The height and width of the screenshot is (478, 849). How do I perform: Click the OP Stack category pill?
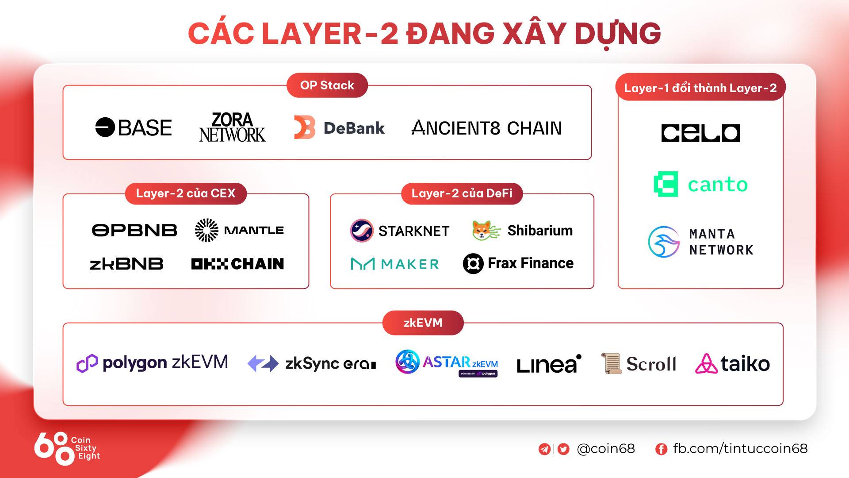coord(327,85)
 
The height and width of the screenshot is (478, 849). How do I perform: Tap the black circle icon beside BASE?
coord(105,127)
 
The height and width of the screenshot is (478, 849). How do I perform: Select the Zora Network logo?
coord(232,127)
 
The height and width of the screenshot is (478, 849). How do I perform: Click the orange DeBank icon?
coord(305,127)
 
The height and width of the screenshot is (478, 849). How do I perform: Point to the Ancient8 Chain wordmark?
coord(486,128)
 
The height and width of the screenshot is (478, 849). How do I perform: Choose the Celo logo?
coord(700,133)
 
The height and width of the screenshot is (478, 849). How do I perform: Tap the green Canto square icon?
coord(666,184)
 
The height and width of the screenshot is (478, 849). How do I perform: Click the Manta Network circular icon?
coord(664,242)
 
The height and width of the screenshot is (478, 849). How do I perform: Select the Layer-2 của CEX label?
coord(186,193)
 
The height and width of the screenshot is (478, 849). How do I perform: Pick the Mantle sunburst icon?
coord(207,230)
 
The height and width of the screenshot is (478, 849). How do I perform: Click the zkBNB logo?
coord(126,264)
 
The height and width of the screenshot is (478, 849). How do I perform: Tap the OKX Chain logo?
coord(237,264)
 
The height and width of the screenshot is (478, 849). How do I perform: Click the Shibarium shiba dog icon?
coord(486,230)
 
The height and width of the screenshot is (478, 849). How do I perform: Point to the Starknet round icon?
coord(362,231)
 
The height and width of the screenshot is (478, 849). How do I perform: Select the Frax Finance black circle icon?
coord(473,264)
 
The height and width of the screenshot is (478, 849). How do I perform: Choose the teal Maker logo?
coord(395,264)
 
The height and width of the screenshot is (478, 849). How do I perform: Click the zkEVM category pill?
coord(423,323)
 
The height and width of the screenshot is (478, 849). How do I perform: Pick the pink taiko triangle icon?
coord(706,363)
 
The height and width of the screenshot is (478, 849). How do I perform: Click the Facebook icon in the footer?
coord(661,449)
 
